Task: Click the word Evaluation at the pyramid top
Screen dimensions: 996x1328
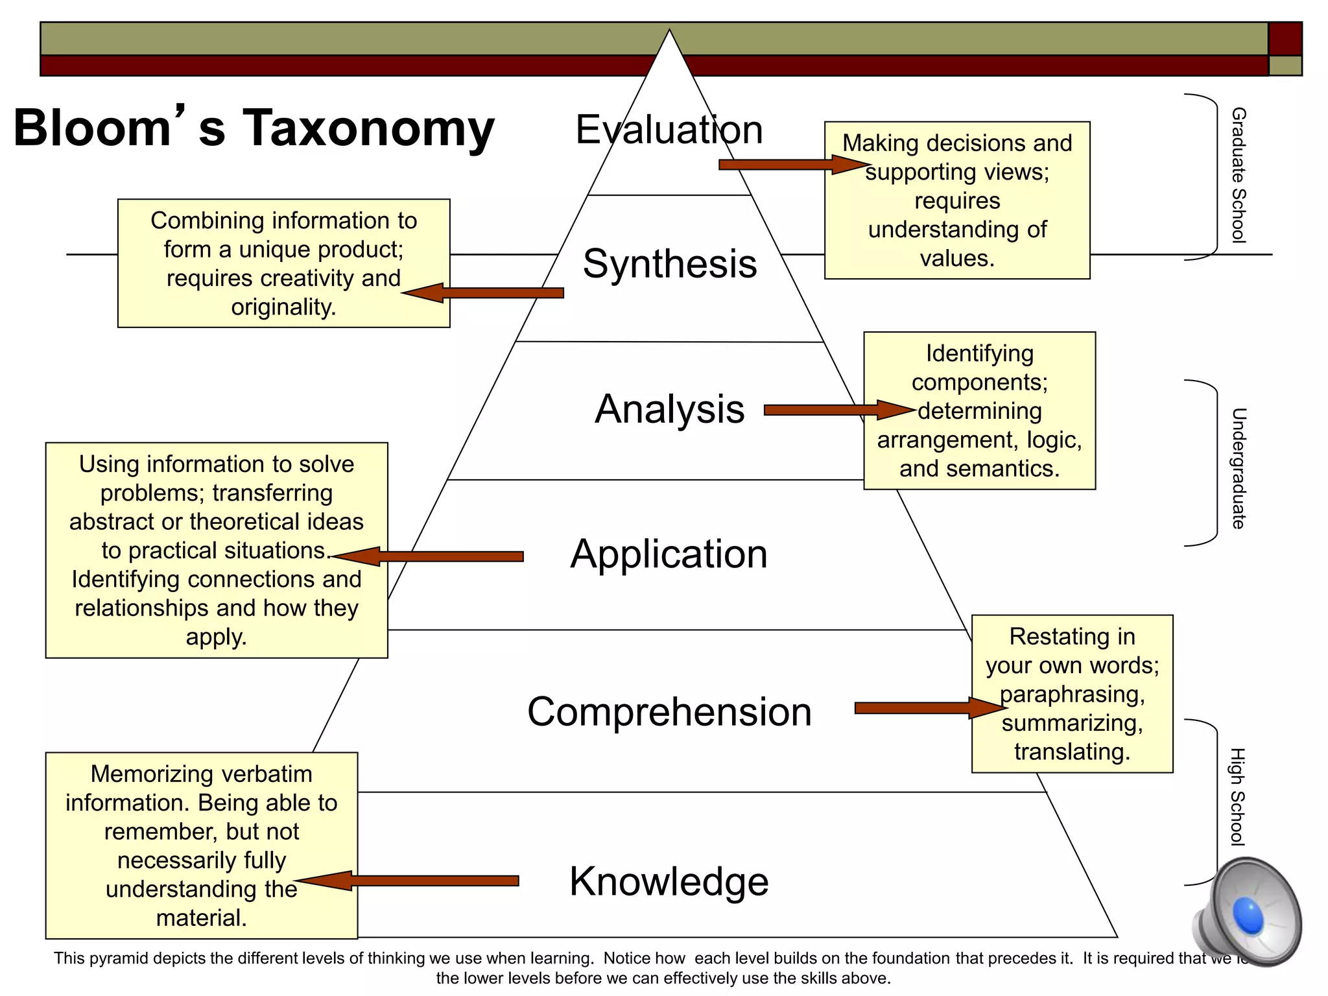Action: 669,130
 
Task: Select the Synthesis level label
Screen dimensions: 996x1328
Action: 670,264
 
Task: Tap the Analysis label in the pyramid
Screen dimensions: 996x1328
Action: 670,409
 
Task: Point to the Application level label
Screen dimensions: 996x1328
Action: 669,554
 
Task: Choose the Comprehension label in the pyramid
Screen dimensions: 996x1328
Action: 669,712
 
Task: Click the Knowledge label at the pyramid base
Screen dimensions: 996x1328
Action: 669,882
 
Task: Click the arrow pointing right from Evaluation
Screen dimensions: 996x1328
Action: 791,165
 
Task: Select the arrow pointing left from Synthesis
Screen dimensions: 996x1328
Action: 483,293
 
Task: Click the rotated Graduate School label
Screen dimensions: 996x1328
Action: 1238,175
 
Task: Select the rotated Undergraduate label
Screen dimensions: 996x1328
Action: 1238,468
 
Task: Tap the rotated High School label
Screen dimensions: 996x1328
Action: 1238,797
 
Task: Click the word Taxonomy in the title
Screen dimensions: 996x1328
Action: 368,128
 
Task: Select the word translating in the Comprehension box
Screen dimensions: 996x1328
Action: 1073,752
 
